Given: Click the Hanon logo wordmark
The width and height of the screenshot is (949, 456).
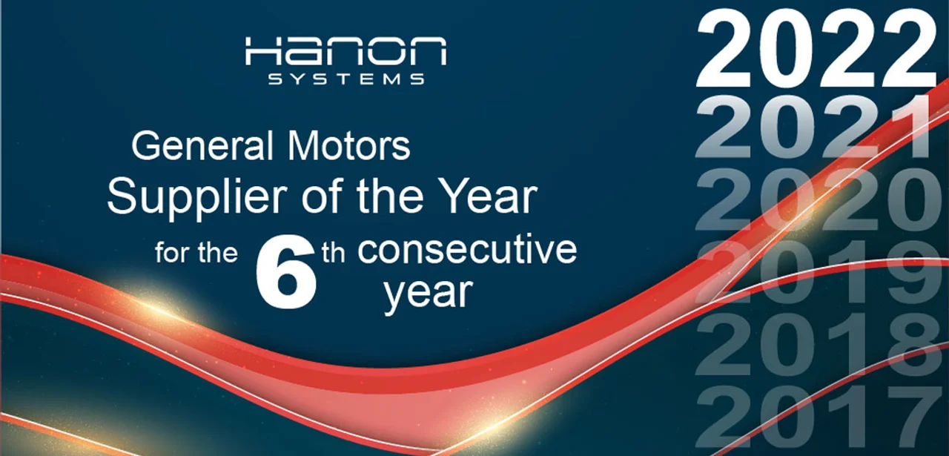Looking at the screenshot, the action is tap(345, 51).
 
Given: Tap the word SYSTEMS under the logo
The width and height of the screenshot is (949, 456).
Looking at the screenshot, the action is tap(346, 79).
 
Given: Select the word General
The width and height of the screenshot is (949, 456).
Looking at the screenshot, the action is tap(202, 146).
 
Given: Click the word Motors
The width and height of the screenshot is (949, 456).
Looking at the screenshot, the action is tap(348, 146).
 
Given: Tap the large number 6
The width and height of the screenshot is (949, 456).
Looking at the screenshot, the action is tap(286, 273).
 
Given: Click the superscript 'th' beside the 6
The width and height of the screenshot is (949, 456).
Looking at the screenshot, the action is tap(333, 254).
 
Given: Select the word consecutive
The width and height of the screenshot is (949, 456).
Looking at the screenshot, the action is tap(467, 250).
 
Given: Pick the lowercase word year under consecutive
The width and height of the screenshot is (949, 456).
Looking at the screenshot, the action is tap(428, 294).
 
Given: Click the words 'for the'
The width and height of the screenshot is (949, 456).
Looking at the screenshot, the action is tap(196, 253).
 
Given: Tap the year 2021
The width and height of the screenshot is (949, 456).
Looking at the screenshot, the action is tap(813, 127).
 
